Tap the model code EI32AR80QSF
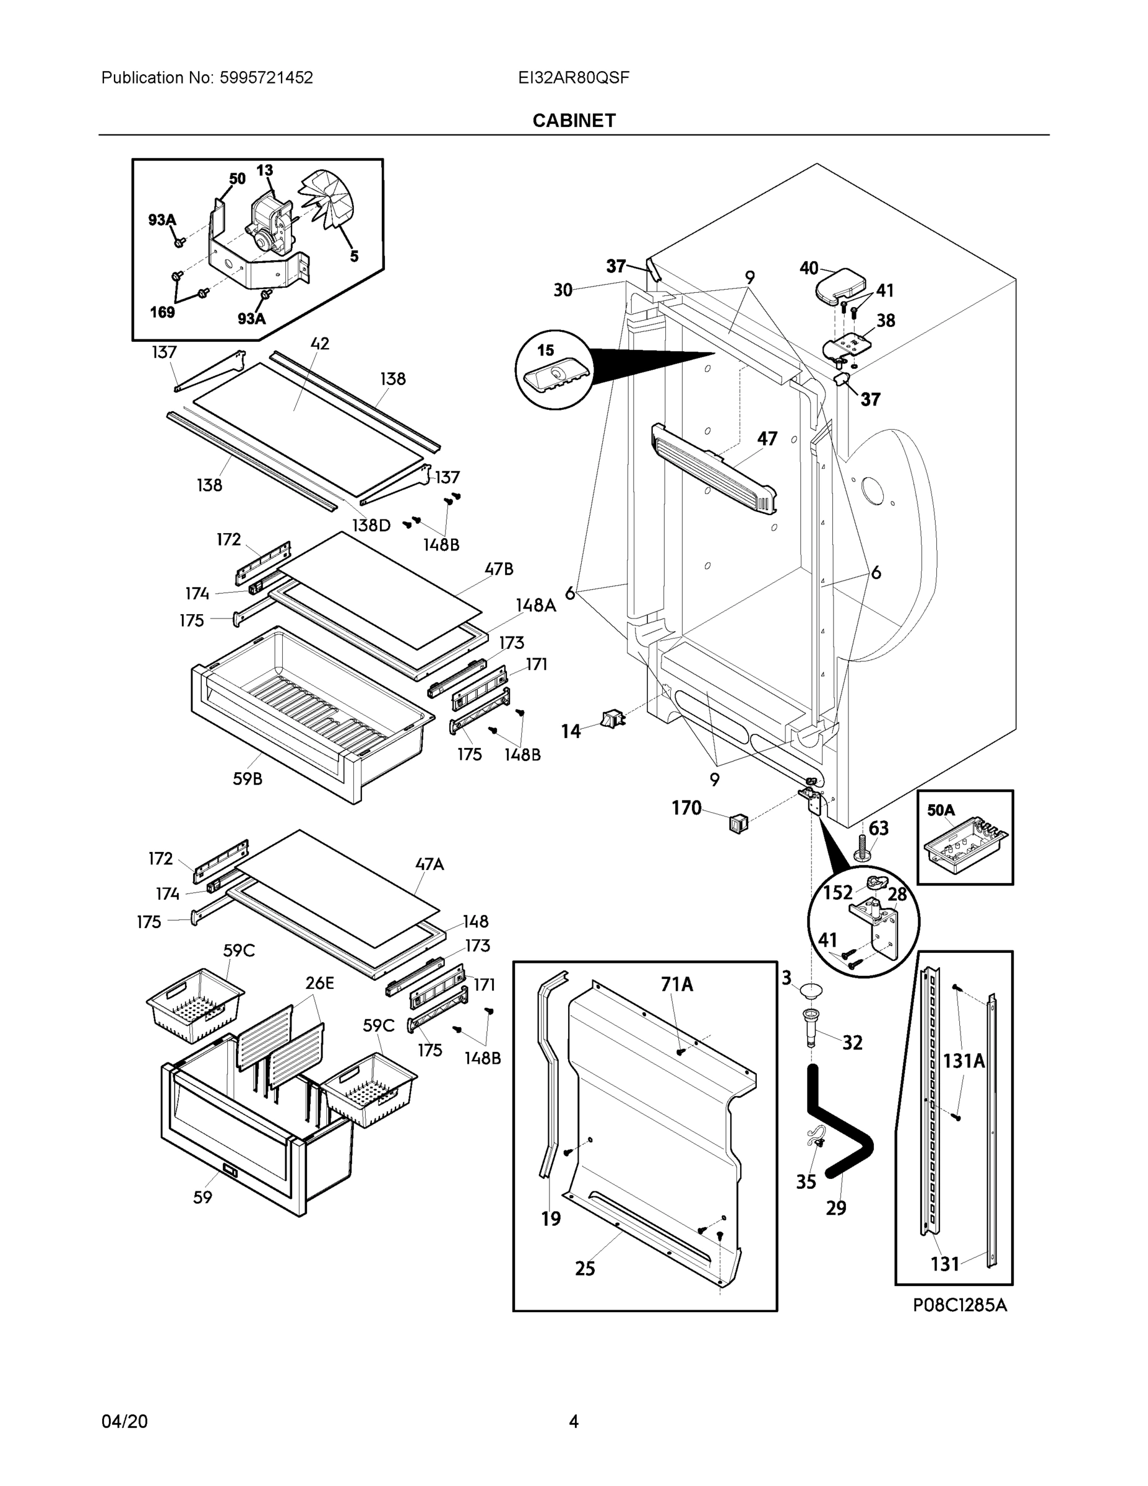[x=573, y=77]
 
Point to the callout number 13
[x=264, y=170]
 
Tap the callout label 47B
[x=499, y=569]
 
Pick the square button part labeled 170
[x=738, y=823]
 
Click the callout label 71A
[x=676, y=984]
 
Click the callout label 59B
[x=247, y=779]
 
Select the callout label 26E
[x=319, y=983]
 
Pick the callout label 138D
[x=371, y=525]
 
